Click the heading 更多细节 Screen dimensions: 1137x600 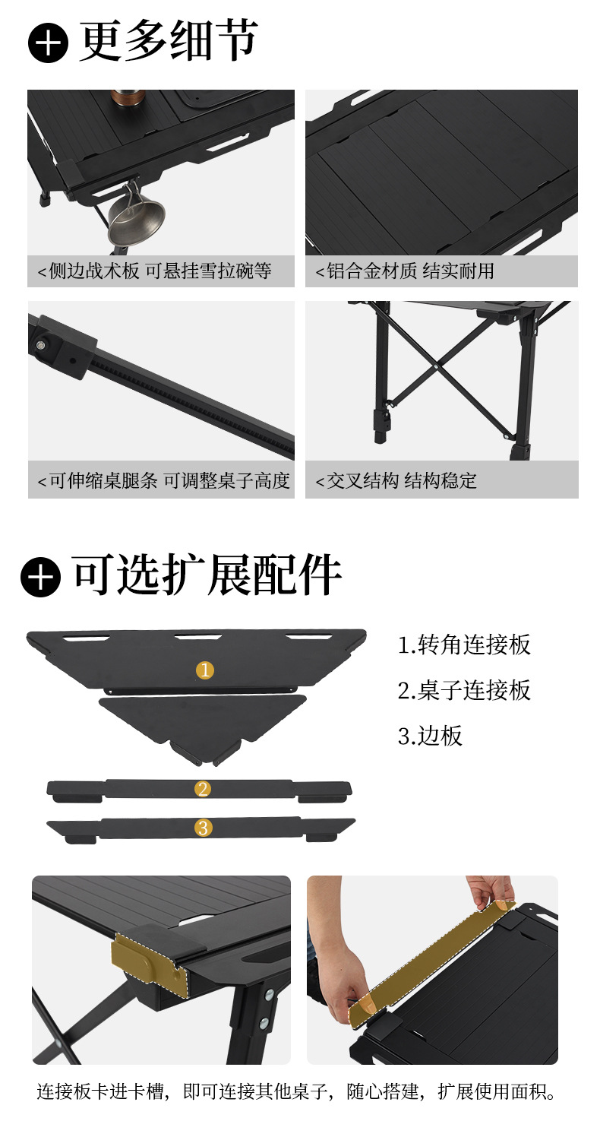coord(169,41)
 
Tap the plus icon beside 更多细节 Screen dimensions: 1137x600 coord(48,43)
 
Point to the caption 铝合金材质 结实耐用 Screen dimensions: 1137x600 coord(410,271)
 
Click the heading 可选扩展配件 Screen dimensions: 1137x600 coord(207,575)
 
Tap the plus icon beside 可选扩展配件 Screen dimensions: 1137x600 coord(40,577)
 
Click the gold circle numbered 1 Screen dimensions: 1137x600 coord(205,670)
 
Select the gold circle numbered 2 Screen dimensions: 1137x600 coord(203,789)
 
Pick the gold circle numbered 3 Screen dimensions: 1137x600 coord(203,828)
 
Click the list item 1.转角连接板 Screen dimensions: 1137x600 coord(464,645)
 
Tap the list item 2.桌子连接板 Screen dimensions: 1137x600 coord(464,690)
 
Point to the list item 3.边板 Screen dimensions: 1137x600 coord(430,736)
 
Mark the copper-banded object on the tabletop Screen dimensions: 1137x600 coord(127,98)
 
